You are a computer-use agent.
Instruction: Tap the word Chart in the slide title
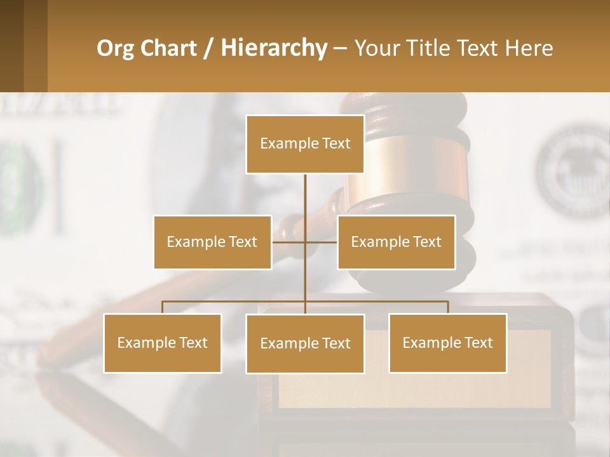click(x=168, y=48)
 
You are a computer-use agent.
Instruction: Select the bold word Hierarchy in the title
click(x=273, y=48)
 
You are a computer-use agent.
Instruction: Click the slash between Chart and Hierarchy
click(x=209, y=49)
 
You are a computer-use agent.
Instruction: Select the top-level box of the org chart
click(x=305, y=144)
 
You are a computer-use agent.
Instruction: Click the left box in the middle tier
click(x=212, y=242)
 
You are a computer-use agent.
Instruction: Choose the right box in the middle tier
click(x=396, y=242)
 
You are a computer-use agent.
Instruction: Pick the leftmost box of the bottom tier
click(x=162, y=343)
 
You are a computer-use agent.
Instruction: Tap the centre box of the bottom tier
click(x=305, y=343)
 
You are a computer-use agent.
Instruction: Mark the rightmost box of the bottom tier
click(x=447, y=343)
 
